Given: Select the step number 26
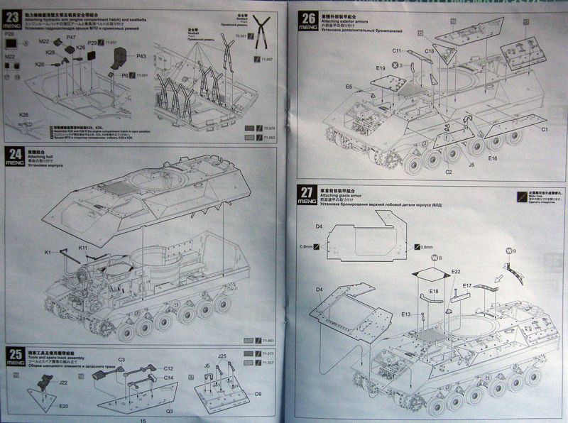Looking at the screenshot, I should coord(308,18).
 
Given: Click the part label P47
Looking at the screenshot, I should coord(71,36).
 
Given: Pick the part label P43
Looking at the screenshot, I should coord(141,56).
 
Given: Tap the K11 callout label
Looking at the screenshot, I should coord(83,248).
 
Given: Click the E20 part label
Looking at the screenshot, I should coord(63,406).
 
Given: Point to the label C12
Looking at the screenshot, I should coord(168,368).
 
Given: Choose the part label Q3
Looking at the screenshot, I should coord(170,410).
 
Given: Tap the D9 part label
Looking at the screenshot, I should coord(258,392).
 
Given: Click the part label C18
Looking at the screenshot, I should coord(430,51).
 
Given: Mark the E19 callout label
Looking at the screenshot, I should coord(381,68).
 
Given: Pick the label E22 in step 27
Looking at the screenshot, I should coord(455,272).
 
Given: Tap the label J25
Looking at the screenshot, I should coord(222,356).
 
